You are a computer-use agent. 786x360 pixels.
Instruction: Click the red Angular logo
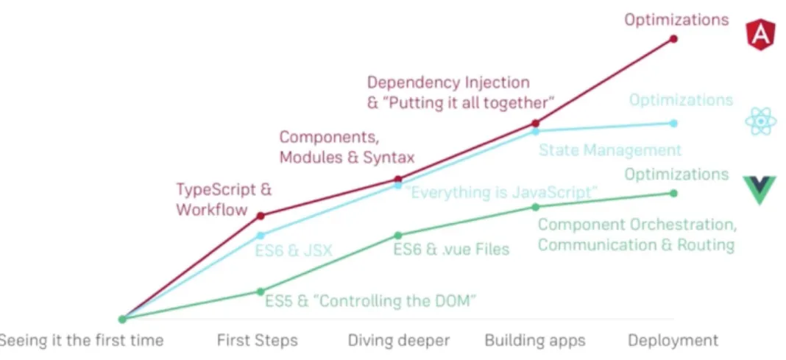[760, 36]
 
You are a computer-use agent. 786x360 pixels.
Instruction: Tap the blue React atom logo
[760, 121]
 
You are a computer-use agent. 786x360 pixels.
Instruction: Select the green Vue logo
[760, 190]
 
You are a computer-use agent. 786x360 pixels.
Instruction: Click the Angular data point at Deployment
[673, 38]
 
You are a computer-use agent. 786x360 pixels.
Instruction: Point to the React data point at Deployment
[673, 123]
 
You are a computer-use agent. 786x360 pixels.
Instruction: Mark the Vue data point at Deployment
[673, 193]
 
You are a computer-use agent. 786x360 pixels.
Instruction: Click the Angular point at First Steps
[261, 216]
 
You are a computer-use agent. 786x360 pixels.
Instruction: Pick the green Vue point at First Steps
[261, 292]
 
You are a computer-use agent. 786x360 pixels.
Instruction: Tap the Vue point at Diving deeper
[398, 235]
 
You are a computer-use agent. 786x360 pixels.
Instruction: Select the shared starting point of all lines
[122, 319]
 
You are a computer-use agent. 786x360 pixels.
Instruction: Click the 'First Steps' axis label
[257, 341]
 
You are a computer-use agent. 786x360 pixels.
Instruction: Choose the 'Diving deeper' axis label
[398, 341]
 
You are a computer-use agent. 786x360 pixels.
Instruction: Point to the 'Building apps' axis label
[535, 341]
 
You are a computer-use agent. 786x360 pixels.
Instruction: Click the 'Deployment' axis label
[673, 341]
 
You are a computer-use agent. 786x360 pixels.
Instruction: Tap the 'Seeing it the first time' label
[81, 341]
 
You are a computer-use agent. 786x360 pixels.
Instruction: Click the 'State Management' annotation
[610, 150]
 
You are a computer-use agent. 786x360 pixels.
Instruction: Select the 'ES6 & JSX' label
[294, 250]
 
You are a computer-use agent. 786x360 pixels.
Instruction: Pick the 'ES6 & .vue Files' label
[451, 249]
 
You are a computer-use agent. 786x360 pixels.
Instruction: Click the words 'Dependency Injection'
[448, 82]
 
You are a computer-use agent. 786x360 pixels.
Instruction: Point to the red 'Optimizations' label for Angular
[676, 20]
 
